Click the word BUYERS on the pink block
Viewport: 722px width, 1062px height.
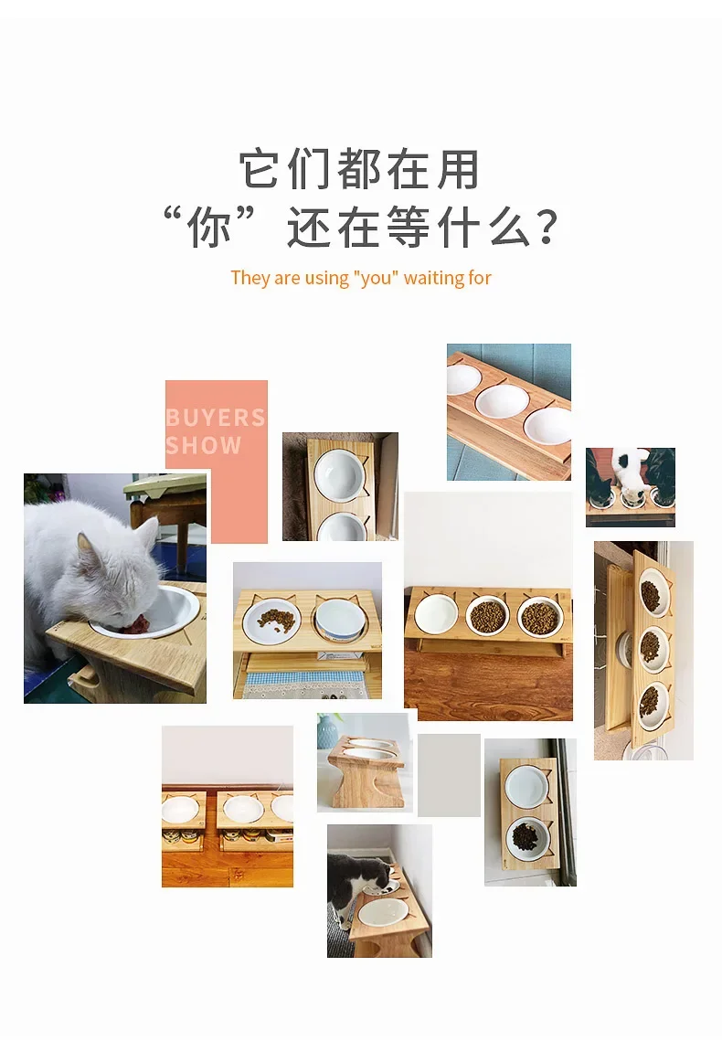[x=216, y=417]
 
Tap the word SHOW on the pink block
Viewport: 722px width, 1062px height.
[x=204, y=445]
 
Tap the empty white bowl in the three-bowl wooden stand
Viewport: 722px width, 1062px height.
[x=435, y=613]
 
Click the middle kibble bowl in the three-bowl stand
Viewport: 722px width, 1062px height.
[x=488, y=615]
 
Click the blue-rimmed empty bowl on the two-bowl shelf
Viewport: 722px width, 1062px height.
[x=341, y=619]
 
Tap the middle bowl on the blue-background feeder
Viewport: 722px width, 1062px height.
[x=502, y=402]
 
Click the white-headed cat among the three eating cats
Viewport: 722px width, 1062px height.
[x=630, y=472]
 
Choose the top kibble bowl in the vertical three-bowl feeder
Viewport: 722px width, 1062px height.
[x=653, y=594]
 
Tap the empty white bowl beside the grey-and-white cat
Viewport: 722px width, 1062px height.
[x=384, y=911]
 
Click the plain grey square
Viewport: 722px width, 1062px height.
[x=449, y=775]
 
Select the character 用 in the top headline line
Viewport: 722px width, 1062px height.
[x=458, y=169]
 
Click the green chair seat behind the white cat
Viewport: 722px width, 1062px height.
[x=165, y=485]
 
